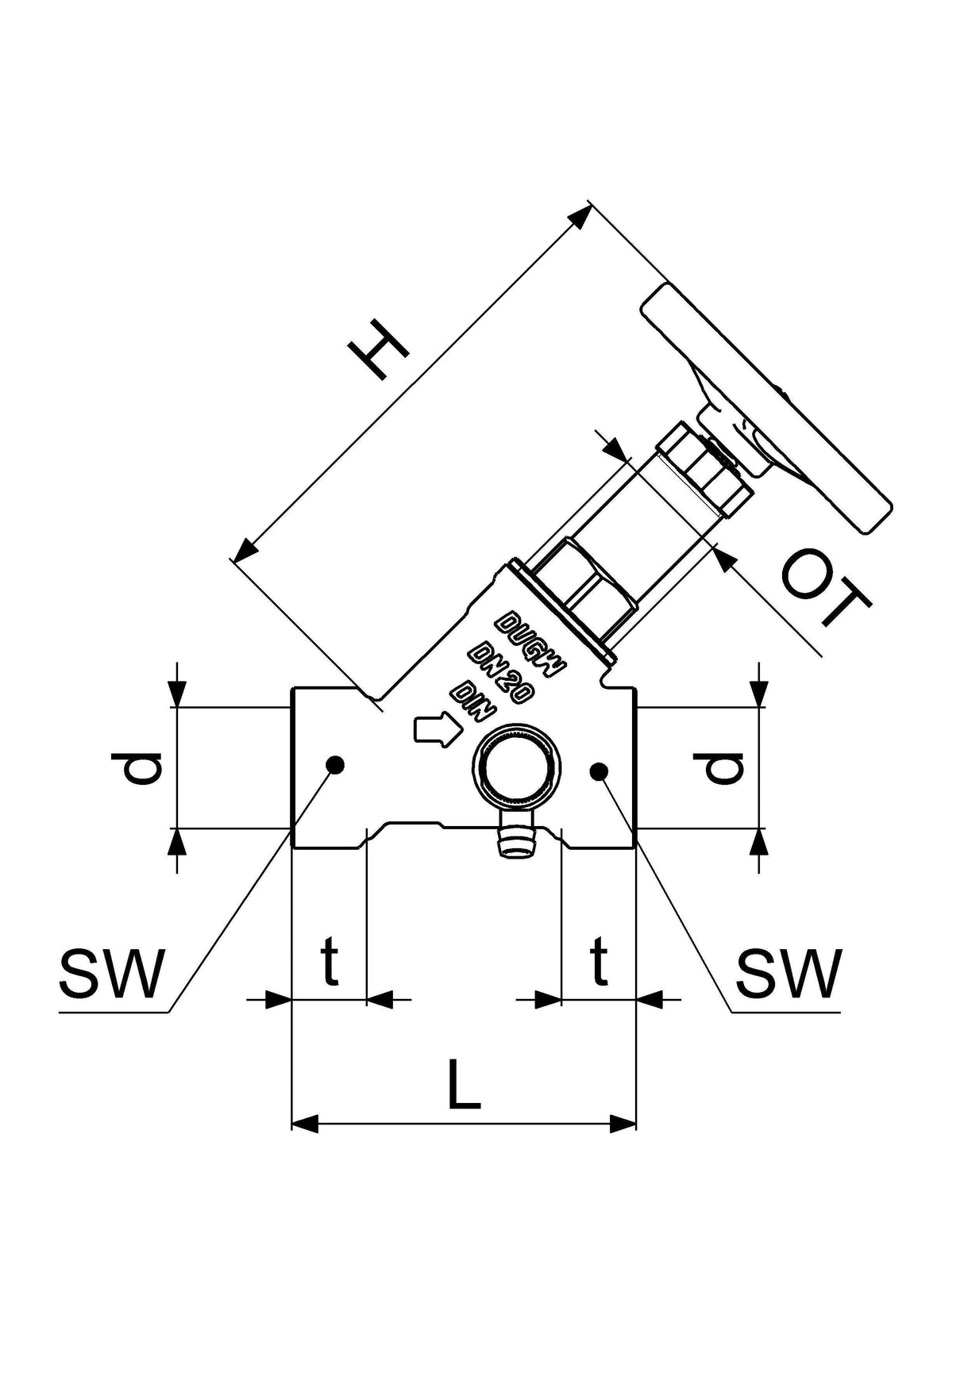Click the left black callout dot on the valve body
coord(335,764)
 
